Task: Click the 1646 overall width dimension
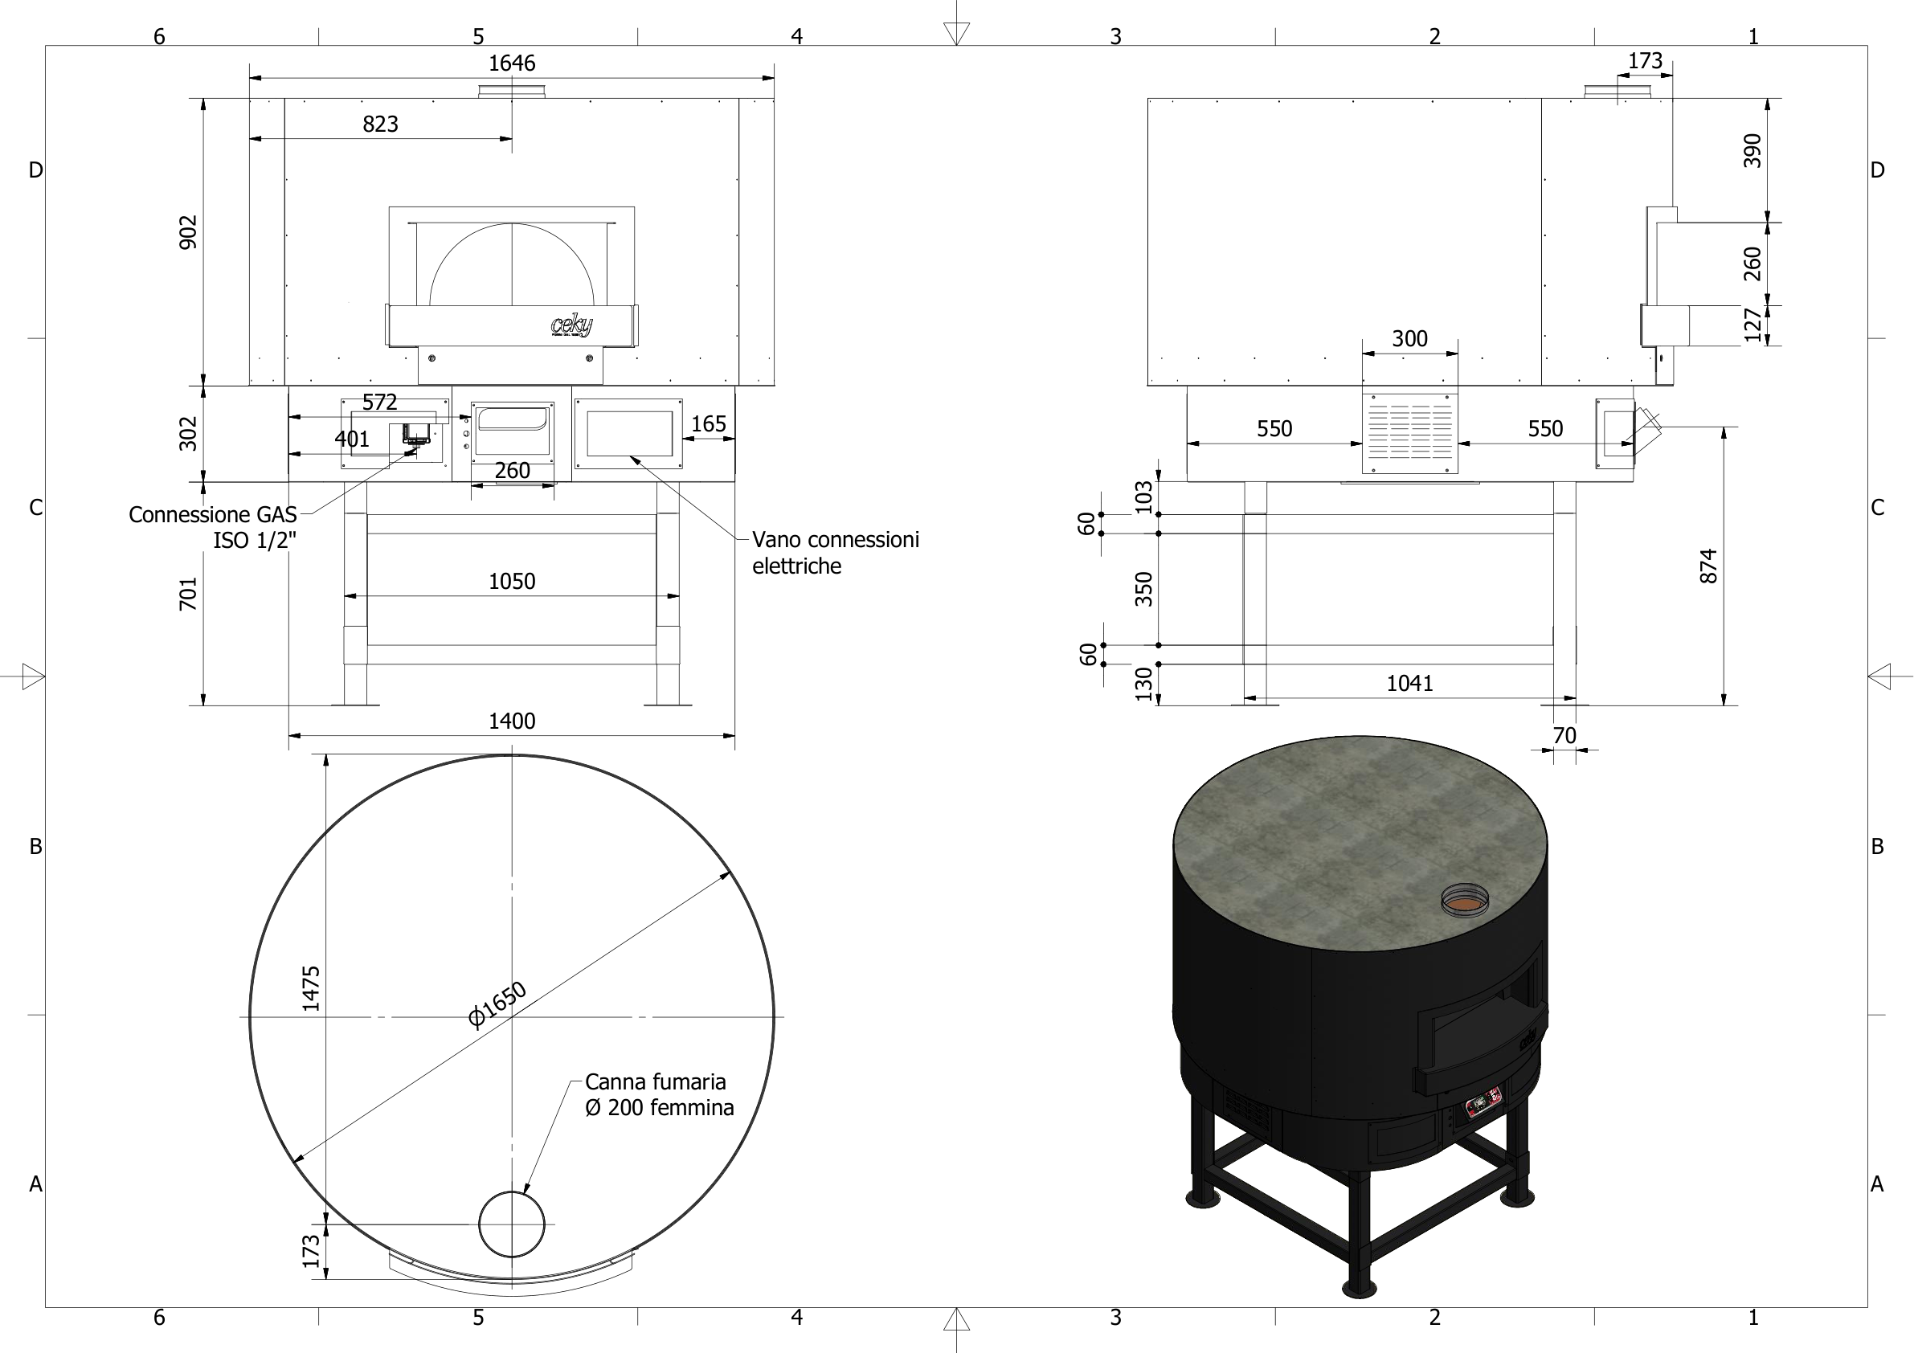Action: [511, 63]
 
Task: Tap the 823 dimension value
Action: [380, 125]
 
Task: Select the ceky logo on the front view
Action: [572, 325]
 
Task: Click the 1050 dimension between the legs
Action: [511, 581]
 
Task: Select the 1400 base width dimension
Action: [511, 721]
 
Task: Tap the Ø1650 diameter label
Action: [497, 1004]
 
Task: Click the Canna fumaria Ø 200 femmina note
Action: [659, 1094]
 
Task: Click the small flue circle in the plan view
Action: [511, 1224]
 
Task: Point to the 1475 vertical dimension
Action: [311, 989]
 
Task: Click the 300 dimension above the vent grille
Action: [1409, 339]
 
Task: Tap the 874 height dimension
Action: [1708, 566]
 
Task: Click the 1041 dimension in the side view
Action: [1409, 684]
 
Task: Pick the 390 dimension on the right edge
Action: [1752, 151]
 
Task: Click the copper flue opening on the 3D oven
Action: [1465, 901]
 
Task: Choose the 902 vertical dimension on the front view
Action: [190, 232]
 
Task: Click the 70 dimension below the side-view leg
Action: [1564, 736]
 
